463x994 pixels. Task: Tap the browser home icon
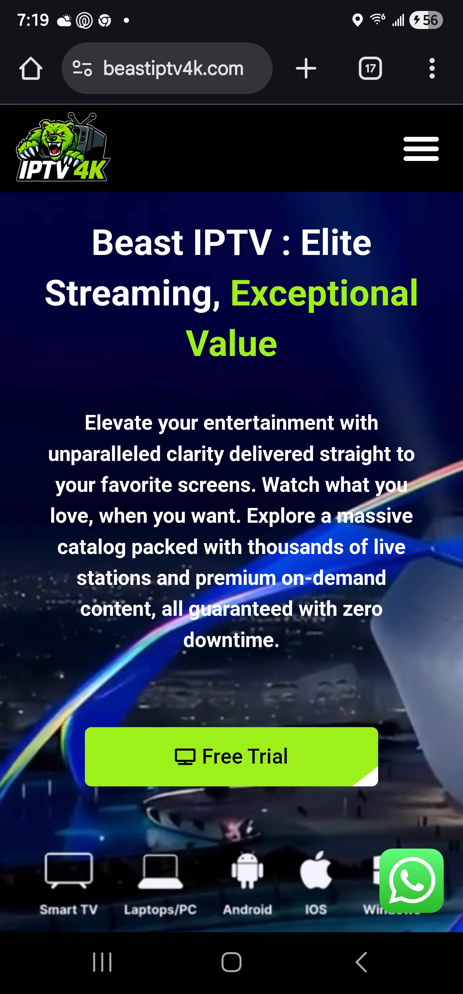(31, 69)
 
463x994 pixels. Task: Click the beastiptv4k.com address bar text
(173, 69)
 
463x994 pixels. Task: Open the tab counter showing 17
(370, 69)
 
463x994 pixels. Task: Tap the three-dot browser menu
(432, 69)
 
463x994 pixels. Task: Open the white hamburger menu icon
(421, 149)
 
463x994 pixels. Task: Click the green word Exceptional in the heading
(324, 293)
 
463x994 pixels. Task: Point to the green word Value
(231, 343)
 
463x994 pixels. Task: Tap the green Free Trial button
(231, 756)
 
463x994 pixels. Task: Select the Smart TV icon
(68, 870)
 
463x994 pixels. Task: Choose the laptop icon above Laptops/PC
(160, 871)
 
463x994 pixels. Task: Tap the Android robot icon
(248, 870)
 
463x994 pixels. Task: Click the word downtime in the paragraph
(231, 640)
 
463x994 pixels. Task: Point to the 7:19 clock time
(33, 20)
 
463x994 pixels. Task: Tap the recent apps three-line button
(102, 962)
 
